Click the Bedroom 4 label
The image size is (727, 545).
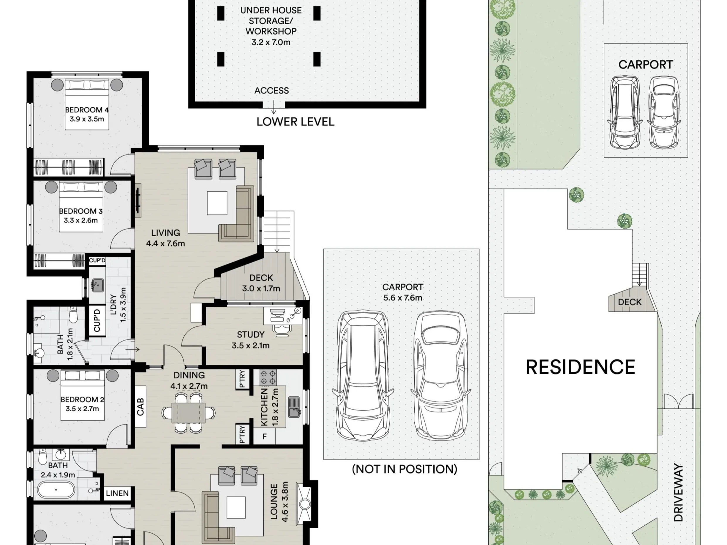tap(87, 110)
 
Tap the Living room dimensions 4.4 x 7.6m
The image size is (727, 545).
tap(165, 243)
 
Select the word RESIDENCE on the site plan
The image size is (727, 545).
tap(580, 367)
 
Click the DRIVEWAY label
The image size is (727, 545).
tap(678, 493)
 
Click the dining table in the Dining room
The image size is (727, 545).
tap(189, 412)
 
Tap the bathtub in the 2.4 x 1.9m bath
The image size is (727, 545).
tap(56, 490)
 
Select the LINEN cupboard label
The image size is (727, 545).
tap(117, 493)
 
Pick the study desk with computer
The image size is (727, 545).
tap(283, 316)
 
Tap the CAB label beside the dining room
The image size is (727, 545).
tap(140, 407)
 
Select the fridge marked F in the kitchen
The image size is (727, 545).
tap(264, 436)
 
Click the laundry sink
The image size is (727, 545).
tap(97, 285)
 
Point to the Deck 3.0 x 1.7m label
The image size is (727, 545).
tap(261, 283)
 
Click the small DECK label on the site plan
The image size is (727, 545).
tap(629, 302)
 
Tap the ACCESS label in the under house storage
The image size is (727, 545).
tap(272, 90)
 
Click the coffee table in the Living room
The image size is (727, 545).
tap(217, 203)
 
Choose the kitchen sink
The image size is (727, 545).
tap(294, 407)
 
